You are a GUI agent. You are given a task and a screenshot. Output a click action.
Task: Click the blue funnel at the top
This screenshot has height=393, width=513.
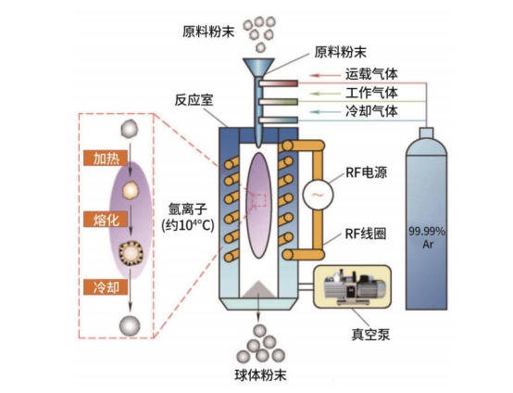258,67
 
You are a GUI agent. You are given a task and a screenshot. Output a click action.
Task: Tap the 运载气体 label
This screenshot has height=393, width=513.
371,74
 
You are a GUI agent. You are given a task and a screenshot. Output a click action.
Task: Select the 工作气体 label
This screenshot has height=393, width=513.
371,93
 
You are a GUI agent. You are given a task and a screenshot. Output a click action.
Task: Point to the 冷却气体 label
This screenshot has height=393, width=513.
371,111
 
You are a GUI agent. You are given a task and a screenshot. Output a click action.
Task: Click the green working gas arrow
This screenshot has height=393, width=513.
325,94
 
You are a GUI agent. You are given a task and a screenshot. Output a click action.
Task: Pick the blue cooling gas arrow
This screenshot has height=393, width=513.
325,112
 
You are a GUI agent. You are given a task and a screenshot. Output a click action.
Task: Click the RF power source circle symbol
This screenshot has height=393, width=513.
318,195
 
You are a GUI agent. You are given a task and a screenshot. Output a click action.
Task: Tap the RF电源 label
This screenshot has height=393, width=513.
366,172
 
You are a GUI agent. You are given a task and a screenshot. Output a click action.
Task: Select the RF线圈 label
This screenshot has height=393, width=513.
366,234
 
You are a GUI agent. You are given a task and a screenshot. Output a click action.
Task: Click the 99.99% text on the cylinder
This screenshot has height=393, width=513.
427,232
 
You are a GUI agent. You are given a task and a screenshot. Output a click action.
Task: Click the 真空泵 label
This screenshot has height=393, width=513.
370,335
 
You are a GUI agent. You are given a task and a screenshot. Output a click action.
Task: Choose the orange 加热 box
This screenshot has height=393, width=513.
106,158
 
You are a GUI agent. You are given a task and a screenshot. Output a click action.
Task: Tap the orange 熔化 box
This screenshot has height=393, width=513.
106,219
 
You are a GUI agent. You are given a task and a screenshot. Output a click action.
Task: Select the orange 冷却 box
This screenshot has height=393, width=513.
106,287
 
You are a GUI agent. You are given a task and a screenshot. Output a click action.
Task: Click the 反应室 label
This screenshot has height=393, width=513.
194,100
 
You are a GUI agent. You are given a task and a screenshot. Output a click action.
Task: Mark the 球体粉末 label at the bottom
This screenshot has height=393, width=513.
260,375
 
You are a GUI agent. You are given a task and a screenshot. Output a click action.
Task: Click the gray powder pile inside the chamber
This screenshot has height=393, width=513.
258,289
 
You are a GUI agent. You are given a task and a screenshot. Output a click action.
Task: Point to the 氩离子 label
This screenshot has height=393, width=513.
187,209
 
